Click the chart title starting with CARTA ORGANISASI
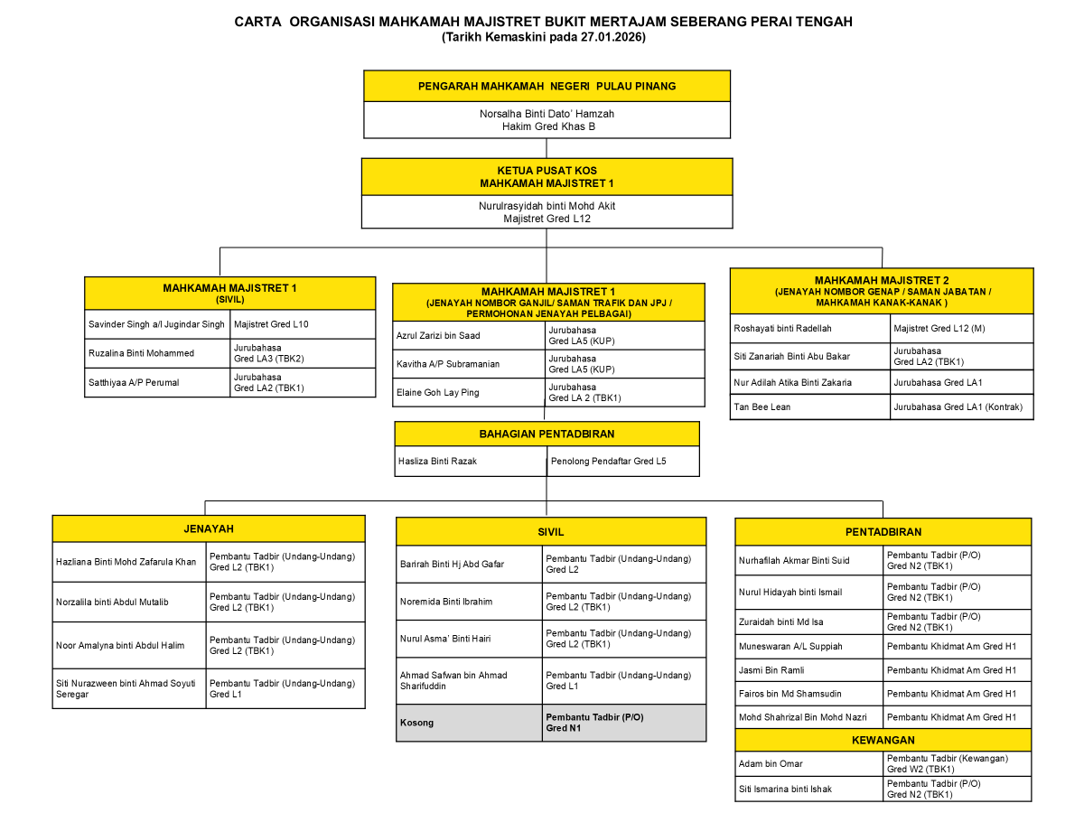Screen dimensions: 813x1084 click(x=543, y=22)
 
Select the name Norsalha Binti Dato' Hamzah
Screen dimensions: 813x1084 click(x=547, y=114)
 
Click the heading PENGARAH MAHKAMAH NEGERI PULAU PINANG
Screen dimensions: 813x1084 click(x=547, y=87)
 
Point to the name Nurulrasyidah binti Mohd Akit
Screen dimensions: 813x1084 click(x=547, y=206)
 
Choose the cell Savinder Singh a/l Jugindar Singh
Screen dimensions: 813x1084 click(x=156, y=324)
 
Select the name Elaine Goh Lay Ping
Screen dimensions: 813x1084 click(x=438, y=393)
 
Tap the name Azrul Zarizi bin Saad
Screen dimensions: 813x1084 click(x=438, y=335)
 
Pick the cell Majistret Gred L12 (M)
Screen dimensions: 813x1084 click(x=939, y=328)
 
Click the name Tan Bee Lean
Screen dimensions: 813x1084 click(x=763, y=407)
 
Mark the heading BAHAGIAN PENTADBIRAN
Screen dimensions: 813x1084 click(x=547, y=434)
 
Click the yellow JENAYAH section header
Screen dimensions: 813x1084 click(x=209, y=528)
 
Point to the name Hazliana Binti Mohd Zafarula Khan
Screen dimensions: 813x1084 click(x=126, y=562)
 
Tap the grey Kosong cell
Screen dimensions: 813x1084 click(x=416, y=723)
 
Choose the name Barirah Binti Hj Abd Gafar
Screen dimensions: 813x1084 click(x=452, y=564)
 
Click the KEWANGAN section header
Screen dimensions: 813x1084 click(x=883, y=740)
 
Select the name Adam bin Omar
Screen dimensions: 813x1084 click(x=771, y=764)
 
